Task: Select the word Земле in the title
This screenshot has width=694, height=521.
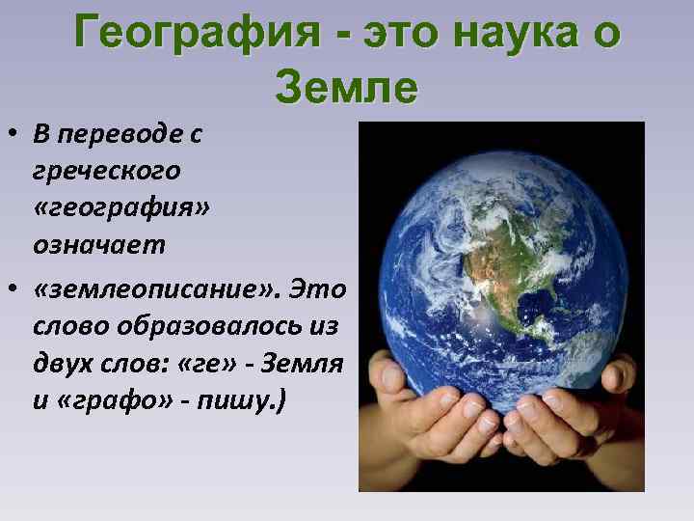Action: pyautogui.click(x=346, y=88)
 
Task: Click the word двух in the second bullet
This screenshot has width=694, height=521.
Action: pyautogui.click(x=59, y=362)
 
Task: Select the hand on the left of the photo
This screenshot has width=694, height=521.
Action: pyautogui.click(x=424, y=425)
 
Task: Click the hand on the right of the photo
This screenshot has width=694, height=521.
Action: pyautogui.click(x=578, y=425)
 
